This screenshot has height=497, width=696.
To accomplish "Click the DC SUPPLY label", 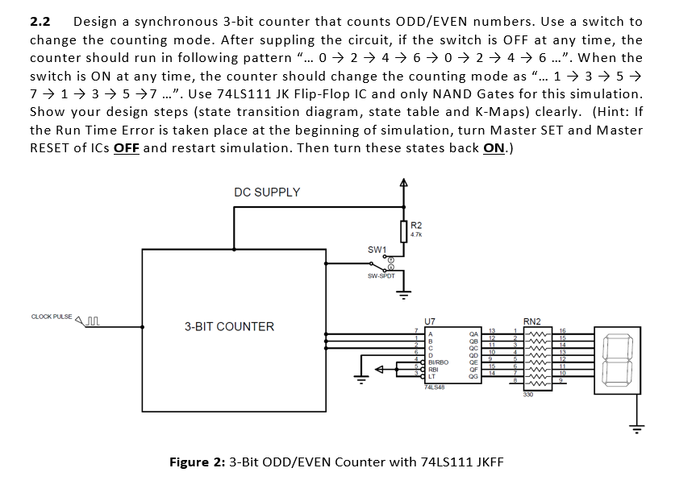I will (267, 192).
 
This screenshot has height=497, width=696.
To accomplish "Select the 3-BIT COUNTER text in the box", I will (229, 326).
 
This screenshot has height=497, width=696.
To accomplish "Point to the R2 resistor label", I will (416, 225).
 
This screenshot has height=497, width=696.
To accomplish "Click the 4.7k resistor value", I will (416, 234).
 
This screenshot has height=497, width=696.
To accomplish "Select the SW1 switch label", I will (377, 249).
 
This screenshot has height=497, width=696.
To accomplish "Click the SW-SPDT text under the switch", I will (380, 275).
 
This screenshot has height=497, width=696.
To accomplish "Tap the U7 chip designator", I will (429, 321).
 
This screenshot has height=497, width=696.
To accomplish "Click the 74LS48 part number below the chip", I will (435, 387).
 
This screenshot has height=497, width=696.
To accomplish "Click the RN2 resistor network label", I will (532, 321).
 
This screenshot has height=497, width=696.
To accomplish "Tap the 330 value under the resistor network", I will (528, 394).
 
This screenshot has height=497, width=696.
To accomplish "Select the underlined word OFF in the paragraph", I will (126, 147).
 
